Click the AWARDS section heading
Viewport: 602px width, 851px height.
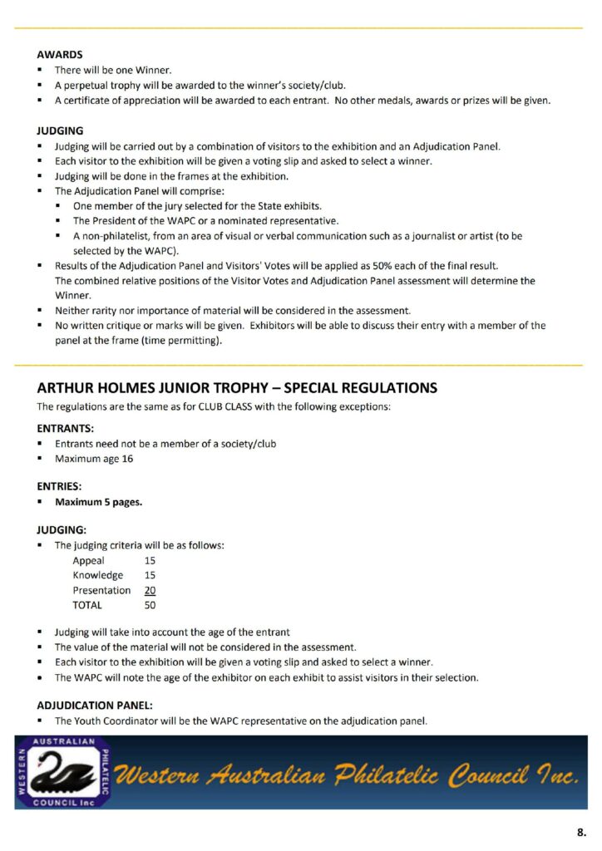pyautogui.click(x=60, y=55)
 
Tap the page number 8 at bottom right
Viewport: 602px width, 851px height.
pyautogui.click(x=580, y=831)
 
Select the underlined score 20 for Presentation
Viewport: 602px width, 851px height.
pyautogui.click(x=150, y=591)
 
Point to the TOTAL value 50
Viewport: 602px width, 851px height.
pyautogui.click(x=150, y=606)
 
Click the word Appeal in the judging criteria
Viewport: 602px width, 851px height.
pyautogui.click(x=89, y=561)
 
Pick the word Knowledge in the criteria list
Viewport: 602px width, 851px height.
pyautogui.click(x=98, y=576)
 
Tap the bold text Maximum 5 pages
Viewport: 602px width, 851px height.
pyautogui.click(x=99, y=503)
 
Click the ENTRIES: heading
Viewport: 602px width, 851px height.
pyautogui.click(x=59, y=487)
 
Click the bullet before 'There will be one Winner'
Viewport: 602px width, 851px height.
pyautogui.click(x=40, y=71)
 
